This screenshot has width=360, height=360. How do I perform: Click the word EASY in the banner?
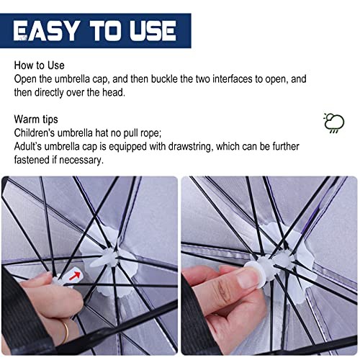point(45,31)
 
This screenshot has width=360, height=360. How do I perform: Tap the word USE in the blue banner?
point(153,31)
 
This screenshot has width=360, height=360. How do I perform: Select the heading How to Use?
point(39,66)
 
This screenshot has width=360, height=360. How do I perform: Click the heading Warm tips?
point(36,120)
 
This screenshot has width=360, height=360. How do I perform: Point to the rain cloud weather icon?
point(334,123)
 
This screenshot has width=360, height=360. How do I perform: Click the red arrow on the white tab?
point(75,276)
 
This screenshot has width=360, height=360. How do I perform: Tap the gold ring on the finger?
point(65,332)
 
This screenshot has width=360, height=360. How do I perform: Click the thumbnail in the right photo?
point(247,279)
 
